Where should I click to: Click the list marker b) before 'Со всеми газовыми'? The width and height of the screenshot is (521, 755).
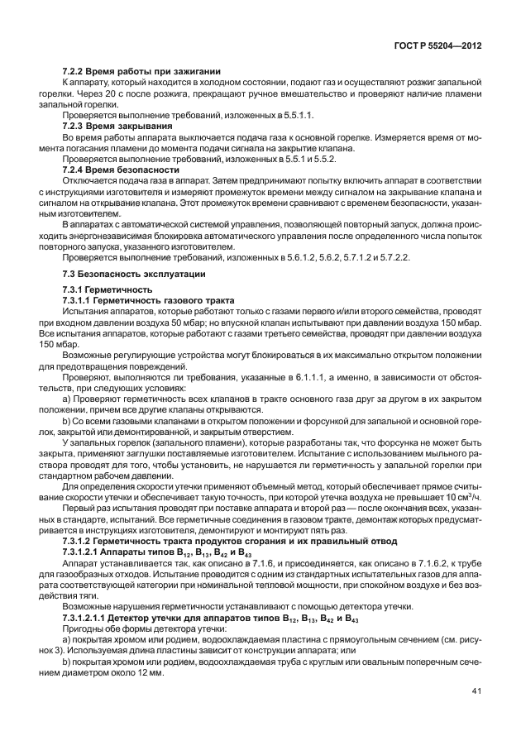[68, 421]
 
